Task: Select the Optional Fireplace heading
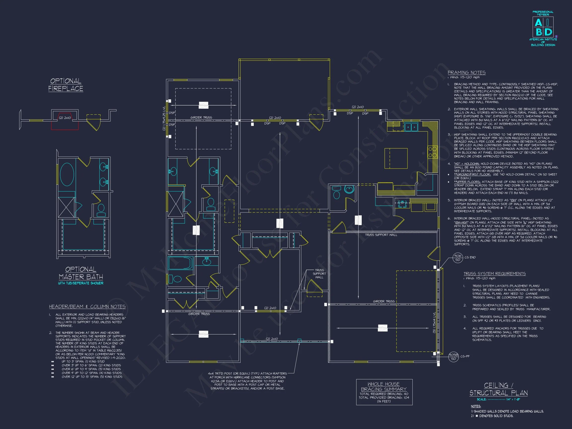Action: [66, 85]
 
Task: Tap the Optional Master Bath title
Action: [81, 273]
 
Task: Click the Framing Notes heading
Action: [466, 73]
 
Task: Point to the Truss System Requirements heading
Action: [495, 274]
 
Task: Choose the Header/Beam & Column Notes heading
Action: [87, 307]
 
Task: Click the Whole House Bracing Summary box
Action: [384, 392]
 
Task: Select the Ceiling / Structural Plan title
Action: [498, 390]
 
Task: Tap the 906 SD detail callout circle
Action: [458, 257]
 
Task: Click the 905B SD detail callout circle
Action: [453, 357]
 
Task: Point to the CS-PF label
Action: [465, 356]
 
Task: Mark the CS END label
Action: [470, 257]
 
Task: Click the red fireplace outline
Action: [65, 122]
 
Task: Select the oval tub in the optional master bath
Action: [67, 174]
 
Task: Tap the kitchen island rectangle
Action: [396, 158]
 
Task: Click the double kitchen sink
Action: [411, 127]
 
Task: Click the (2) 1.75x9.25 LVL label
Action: [164, 118]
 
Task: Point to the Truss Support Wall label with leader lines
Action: [319, 274]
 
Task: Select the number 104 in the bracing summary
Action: [406, 397]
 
